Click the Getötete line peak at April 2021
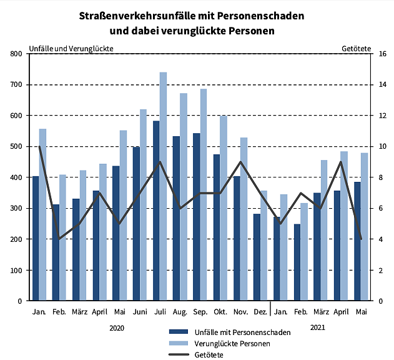tap(340, 162)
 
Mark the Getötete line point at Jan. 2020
tap(39, 146)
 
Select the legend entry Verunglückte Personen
tap(232, 343)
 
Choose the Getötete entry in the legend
tap(209, 354)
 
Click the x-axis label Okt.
tap(220, 311)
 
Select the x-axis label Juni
tap(140, 311)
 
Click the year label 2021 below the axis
tap(317, 327)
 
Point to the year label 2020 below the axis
tap(117, 327)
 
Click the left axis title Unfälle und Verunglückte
tap(72, 48)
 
